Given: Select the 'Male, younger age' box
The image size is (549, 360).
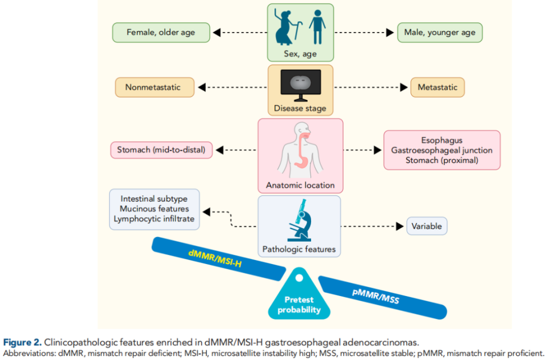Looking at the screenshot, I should pyautogui.click(x=440, y=33).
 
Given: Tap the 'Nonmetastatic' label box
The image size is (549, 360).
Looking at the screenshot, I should pyautogui.click(x=153, y=87).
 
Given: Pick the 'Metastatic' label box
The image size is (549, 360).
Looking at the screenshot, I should pyautogui.click(x=437, y=87).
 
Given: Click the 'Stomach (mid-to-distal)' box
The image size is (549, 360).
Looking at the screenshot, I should pyautogui.click(x=161, y=151).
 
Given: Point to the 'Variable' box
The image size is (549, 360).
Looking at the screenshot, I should pyautogui.click(x=427, y=226).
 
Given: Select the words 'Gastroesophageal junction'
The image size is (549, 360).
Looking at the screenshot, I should pyautogui.click(x=441, y=150).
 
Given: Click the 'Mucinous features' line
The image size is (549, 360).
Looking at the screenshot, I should pyautogui.click(x=154, y=209).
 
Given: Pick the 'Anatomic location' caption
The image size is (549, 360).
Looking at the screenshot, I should pyautogui.click(x=300, y=186).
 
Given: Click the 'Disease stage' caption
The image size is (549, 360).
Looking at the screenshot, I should pyautogui.click(x=300, y=108).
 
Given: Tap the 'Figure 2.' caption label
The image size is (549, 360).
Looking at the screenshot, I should pyautogui.click(x=21, y=342).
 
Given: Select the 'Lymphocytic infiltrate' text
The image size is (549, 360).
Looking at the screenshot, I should pyautogui.click(x=154, y=219).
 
